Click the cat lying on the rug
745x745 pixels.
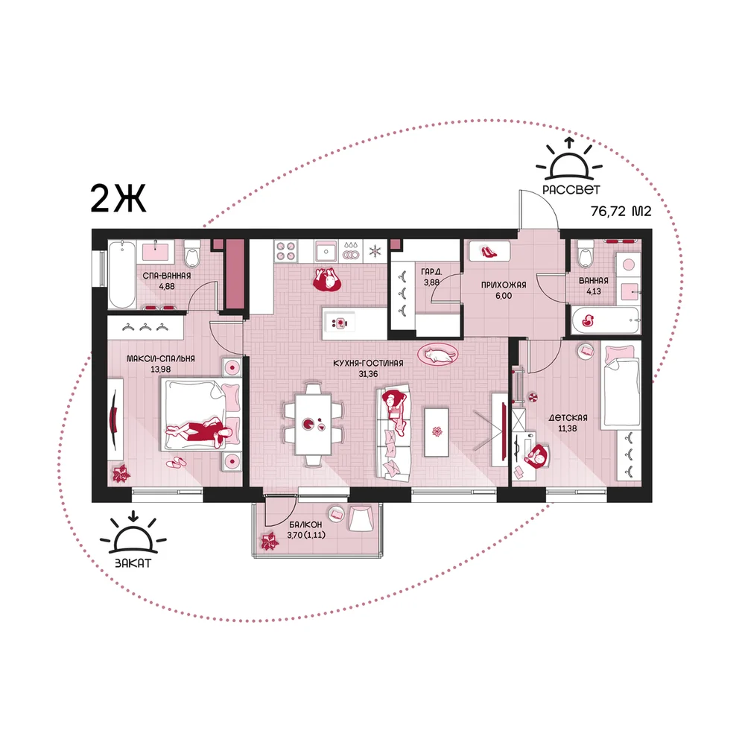440,355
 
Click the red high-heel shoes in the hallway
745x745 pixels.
489,251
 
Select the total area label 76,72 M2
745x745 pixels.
621,211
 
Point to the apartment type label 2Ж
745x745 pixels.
118,199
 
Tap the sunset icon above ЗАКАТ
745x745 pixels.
133,533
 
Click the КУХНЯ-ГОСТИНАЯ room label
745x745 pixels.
368,363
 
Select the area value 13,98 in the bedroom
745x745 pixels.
161,370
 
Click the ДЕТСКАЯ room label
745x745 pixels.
568,418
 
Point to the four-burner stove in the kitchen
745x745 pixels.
287,250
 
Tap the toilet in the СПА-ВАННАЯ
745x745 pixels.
192,254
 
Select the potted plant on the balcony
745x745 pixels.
270,541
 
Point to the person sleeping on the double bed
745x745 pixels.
200,432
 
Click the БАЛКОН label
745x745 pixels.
306,524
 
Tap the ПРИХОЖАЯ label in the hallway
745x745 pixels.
504,285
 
